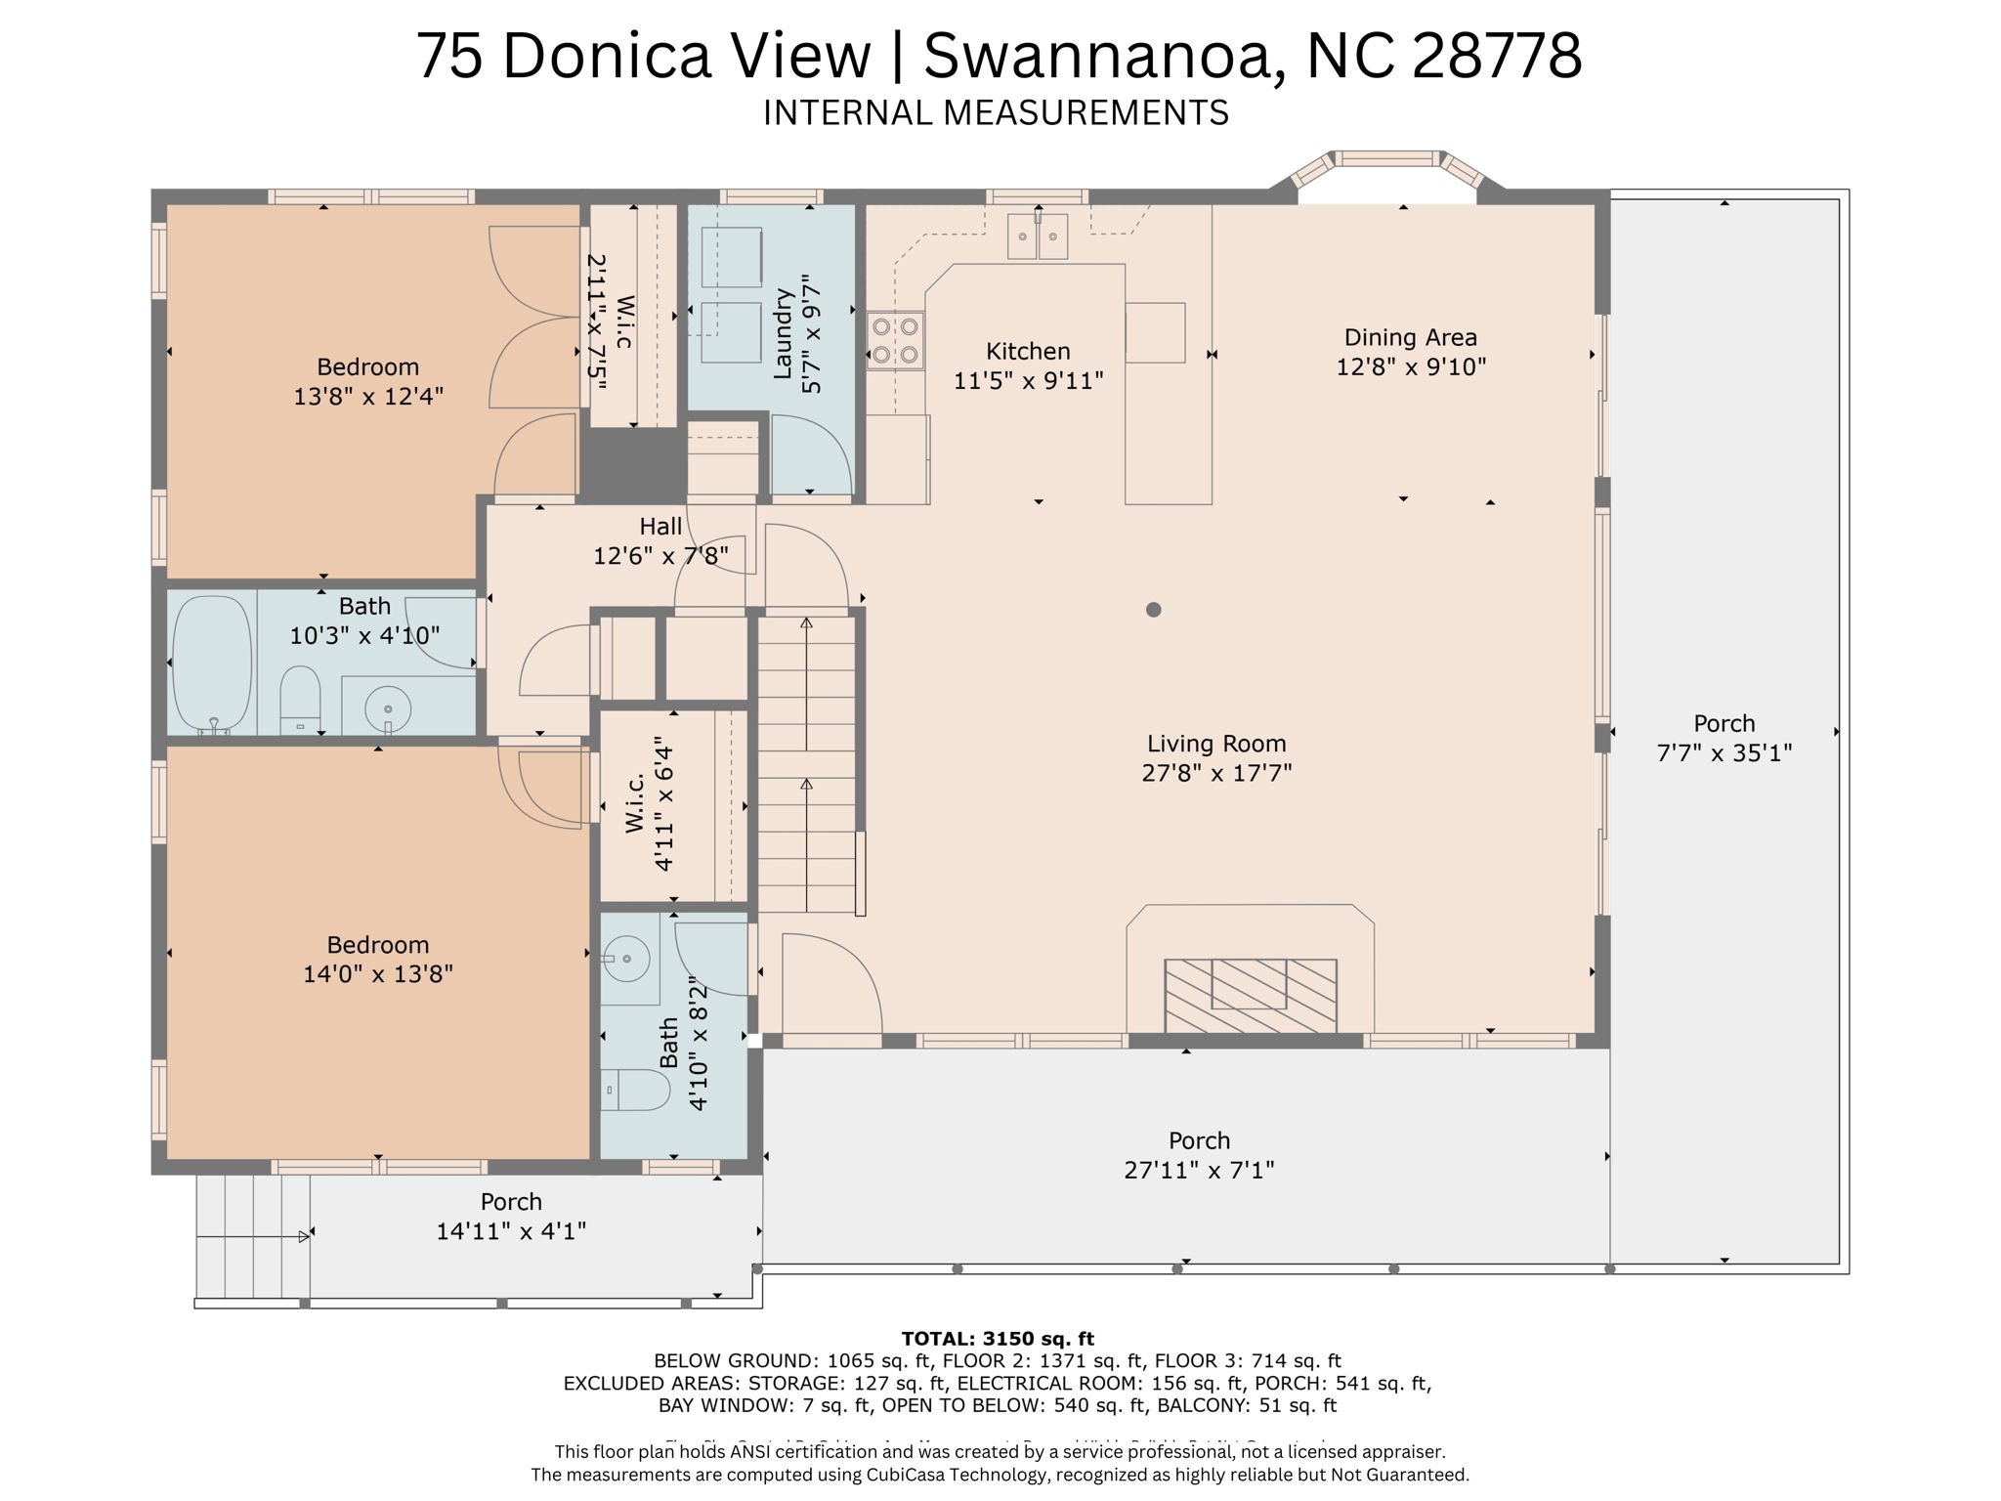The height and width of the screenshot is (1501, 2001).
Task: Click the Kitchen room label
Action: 1028,352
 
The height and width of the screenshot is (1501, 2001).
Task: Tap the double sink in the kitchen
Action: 1038,236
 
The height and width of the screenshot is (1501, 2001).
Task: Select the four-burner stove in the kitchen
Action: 895,340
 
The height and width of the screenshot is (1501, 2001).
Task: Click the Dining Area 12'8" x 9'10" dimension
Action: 1410,367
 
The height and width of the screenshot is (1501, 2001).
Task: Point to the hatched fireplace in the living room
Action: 1250,995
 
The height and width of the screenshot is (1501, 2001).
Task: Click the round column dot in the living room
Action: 1153,610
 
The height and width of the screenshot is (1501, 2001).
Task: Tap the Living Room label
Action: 1215,744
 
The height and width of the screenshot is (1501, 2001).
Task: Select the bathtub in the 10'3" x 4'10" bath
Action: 212,663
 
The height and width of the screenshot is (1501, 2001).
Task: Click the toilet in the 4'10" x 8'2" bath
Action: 635,1089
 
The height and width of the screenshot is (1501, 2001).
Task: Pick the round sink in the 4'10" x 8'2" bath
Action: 626,958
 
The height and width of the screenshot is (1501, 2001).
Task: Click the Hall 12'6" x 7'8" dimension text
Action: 660,556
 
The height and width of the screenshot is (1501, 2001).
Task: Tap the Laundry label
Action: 782,333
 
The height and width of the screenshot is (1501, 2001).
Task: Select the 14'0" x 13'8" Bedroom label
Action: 377,945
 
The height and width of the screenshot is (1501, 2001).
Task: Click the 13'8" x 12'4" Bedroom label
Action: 367,367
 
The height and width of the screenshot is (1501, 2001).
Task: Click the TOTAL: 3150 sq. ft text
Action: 997,1339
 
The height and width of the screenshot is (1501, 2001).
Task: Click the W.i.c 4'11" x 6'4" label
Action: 650,803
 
